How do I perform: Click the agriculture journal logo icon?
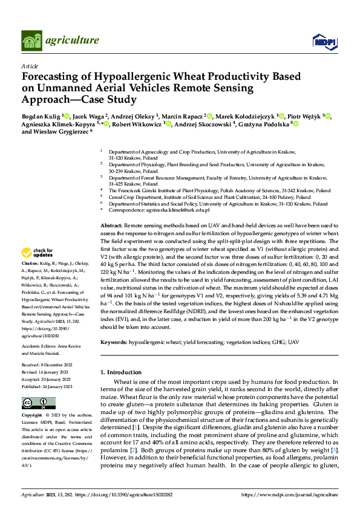coord(32,41)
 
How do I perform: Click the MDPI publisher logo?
coord(323,41)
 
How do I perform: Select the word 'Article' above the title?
coord(30,65)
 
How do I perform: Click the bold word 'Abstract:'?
coord(111,224)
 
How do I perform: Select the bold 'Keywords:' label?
coord(113,342)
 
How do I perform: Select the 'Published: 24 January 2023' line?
coord(47,386)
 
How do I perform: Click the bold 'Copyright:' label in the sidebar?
coord(31,416)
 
